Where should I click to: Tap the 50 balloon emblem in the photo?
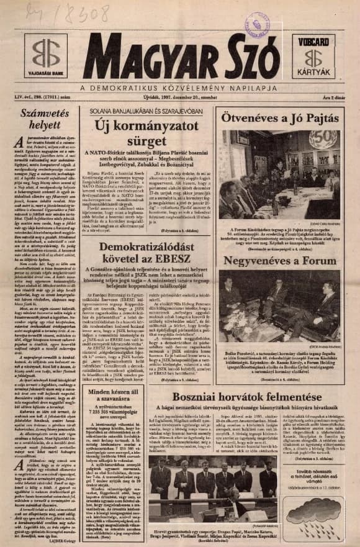[324, 140]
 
